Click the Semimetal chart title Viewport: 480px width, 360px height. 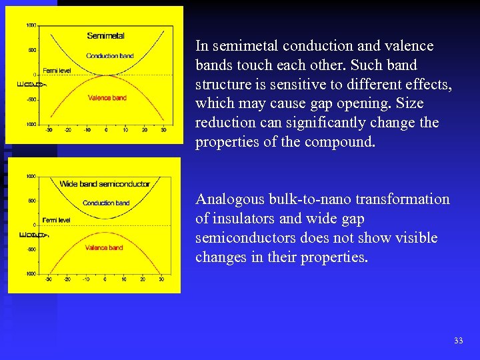click(x=105, y=35)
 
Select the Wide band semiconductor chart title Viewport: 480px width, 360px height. click(x=105, y=184)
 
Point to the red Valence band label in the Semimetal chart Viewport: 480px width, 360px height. click(x=107, y=98)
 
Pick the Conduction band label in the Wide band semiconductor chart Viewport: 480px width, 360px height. click(x=106, y=203)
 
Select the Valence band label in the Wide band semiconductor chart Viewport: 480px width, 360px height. click(x=104, y=247)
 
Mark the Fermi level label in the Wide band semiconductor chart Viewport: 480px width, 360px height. click(x=57, y=219)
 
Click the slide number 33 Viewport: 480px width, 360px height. click(x=458, y=341)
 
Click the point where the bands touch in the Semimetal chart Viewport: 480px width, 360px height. click(x=107, y=74)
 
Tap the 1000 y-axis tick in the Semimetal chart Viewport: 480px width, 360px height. click(x=31, y=25)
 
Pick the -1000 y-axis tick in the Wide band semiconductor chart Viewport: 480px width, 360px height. click(x=30, y=274)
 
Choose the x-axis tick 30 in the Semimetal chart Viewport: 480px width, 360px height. click(x=164, y=130)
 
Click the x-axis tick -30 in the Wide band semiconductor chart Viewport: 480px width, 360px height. click(x=48, y=279)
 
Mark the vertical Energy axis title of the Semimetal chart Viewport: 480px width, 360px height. click(x=21, y=83)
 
